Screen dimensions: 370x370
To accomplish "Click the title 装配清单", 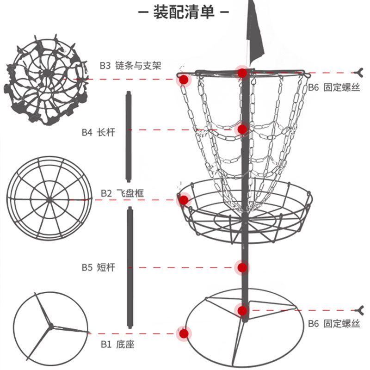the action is coord(184,12).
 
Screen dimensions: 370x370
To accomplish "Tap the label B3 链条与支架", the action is coord(130,66).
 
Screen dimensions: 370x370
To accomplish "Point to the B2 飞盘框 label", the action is coord(122,193).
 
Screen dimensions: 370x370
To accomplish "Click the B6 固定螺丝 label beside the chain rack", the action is coord(334,87).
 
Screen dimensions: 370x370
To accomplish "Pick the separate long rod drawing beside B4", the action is coord(128,137).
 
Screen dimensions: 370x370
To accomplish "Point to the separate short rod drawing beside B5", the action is coord(130,267).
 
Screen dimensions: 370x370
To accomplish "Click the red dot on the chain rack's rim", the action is coord(184,80).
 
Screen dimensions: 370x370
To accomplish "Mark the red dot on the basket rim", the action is coord(184,200).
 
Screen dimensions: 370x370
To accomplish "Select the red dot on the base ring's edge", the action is coord(184,333).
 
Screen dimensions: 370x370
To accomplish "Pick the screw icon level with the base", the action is coord(358,309).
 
